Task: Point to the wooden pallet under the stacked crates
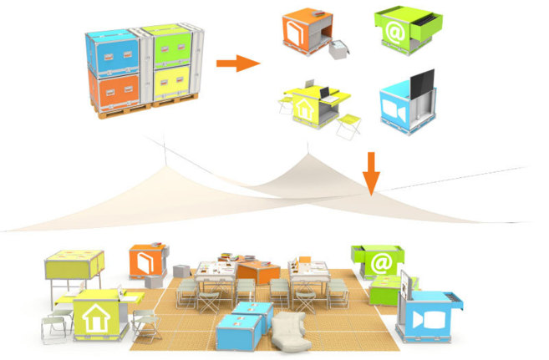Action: pos(142,114)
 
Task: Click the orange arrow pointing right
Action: pos(234,63)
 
